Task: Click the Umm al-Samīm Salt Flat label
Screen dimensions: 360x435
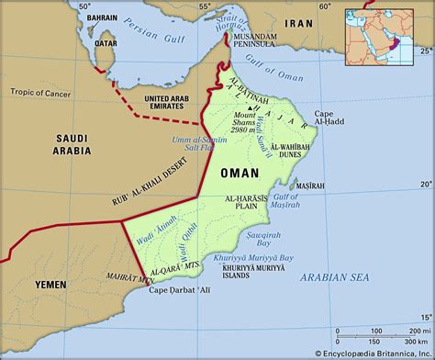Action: click(219, 142)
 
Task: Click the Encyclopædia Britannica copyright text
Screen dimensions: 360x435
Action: click(371, 353)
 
